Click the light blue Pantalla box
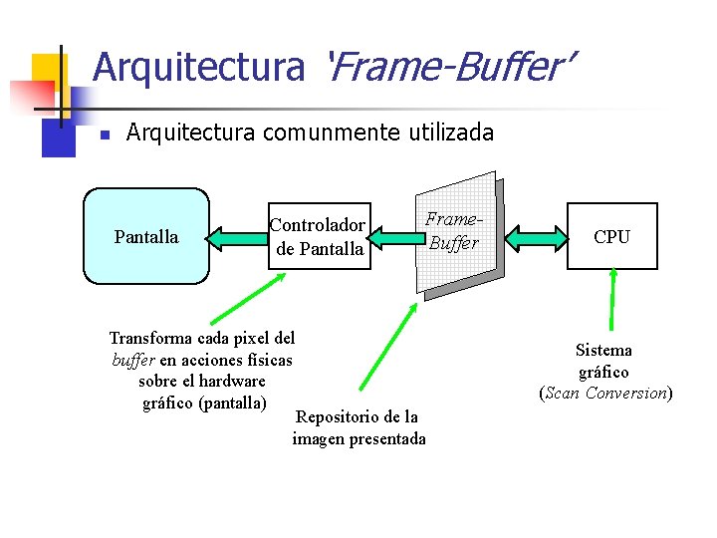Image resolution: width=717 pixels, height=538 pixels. pos(146,236)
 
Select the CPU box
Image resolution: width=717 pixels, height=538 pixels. pos(611,236)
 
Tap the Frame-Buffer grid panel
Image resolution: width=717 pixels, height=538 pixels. pos(457,234)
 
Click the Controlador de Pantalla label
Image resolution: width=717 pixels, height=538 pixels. pos(319,237)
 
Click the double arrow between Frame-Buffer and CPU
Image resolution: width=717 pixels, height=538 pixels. pos(535,237)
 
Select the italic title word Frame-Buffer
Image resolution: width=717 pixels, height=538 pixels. pos(450,68)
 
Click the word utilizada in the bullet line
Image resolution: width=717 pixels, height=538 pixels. pos(450,133)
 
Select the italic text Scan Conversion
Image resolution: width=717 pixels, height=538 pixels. pos(605,393)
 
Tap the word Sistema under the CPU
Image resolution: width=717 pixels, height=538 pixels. pos(603,350)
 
